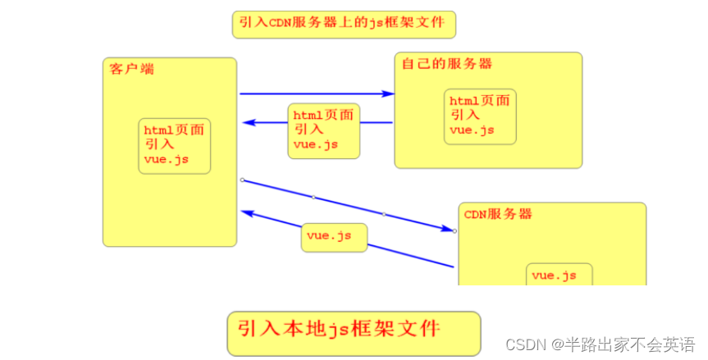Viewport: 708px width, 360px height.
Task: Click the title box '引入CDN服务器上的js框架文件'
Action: pyautogui.click(x=343, y=25)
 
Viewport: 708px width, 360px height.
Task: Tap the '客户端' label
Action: pyautogui.click(x=132, y=69)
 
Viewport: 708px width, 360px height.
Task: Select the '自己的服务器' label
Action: pyautogui.click(x=446, y=64)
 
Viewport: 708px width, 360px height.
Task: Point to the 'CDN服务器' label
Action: pyautogui.click(x=498, y=215)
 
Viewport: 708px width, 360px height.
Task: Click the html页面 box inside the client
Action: pyautogui.click(x=175, y=145)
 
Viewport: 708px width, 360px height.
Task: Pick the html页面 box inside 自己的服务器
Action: pyautogui.click(x=480, y=116)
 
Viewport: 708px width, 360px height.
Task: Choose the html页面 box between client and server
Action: pyautogui.click(x=323, y=130)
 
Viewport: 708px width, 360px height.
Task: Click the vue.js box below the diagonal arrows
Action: pyautogui.click(x=332, y=237)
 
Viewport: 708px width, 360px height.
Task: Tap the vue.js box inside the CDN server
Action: pyautogui.click(x=558, y=276)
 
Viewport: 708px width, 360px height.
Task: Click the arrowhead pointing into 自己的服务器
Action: pyautogui.click(x=387, y=94)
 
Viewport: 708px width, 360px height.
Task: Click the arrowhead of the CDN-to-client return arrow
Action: pyautogui.click(x=248, y=212)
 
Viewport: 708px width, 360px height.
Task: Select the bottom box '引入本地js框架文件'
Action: pyautogui.click(x=353, y=332)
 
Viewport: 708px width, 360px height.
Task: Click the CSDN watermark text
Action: pyautogui.click(x=527, y=344)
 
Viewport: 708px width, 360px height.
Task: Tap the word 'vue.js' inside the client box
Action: pyautogui.click(x=166, y=159)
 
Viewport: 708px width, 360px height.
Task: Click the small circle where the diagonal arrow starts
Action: pyautogui.click(x=241, y=179)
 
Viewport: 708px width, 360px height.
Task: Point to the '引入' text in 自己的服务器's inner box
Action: pyautogui.click(x=464, y=116)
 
